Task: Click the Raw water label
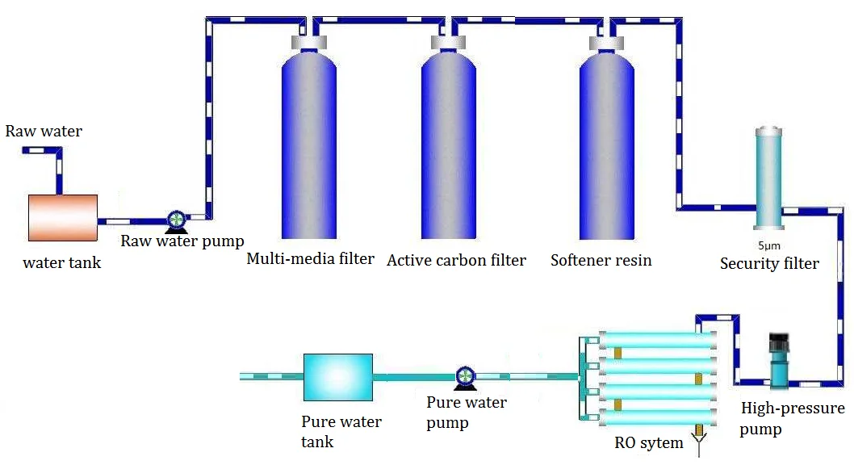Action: [44, 131]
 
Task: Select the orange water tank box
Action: [63, 218]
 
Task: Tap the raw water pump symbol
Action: [176, 220]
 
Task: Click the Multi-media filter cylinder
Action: [309, 145]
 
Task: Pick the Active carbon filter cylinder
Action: [450, 145]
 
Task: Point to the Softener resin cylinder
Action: [607, 145]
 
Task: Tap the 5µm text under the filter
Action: [768, 245]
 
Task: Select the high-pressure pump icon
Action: [779, 360]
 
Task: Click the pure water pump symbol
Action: [465, 376]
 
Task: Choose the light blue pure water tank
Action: [337, 377]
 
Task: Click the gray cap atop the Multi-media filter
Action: [309, 42]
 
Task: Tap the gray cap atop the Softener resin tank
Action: [607, 42]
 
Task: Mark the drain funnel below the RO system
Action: [701, 440]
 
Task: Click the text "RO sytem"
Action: [648, 442]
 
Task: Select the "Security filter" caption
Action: [769, 263]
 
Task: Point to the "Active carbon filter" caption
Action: [456, 260]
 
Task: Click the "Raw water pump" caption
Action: [182, 241]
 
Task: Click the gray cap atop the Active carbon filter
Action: [450, 42]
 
